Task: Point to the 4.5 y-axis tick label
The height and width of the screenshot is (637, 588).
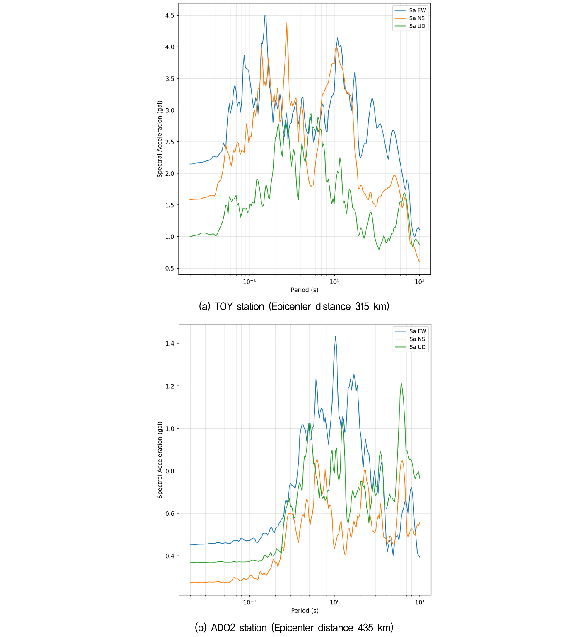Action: pyautogui.click(x=170, y=16)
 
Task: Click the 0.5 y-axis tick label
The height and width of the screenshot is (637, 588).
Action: pyautogui.click(x=170, y=269)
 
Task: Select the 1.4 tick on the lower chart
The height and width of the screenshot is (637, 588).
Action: pyautogui.click(x=170, y=344)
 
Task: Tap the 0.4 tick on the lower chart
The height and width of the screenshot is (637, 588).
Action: pyautogui.click(x=170, y=556)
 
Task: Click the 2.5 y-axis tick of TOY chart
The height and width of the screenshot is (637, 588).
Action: pyautogui.click(x=170, y=142)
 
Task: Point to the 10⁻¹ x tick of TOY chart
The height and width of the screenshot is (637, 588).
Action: pyautogui.click(x=249, y=281)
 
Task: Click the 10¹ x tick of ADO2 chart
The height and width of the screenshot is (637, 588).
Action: pyautogui.click(x=419, y=602)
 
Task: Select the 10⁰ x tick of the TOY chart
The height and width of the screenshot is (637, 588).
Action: pyautogui.click(x=334, y=281)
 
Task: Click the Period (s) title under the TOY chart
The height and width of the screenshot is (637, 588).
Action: pyautogui.click(x=305, y=290)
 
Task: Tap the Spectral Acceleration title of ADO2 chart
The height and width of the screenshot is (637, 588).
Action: pyautogui.click(x=160, y=460)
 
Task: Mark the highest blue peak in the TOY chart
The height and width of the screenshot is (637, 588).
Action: pyautogui.click(x=265, y=15)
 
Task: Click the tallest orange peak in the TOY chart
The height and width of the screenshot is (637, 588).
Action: pyautogui.click(x=287, y=22)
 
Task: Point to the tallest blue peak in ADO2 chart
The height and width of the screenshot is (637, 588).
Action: pyautogui.click(x=335, y=337)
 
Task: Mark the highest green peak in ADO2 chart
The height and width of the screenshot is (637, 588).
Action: pyautogui.click(x=401, y=383)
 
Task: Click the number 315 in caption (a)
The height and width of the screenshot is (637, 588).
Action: pyautogui.click(x=362, y=306)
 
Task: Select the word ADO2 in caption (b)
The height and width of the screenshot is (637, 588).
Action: pyautogui.click(x=223, y=627)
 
